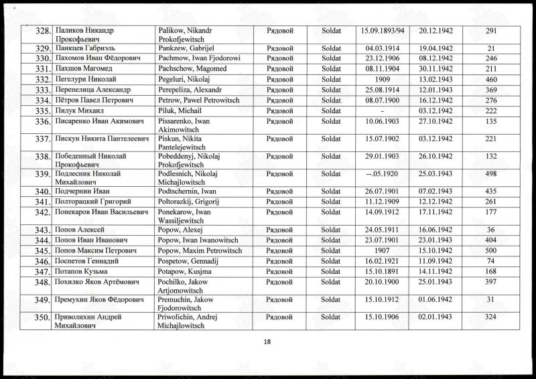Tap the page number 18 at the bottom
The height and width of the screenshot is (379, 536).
click(x=267, y=342)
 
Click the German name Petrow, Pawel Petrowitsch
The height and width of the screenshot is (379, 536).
click(x=190, y=100)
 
